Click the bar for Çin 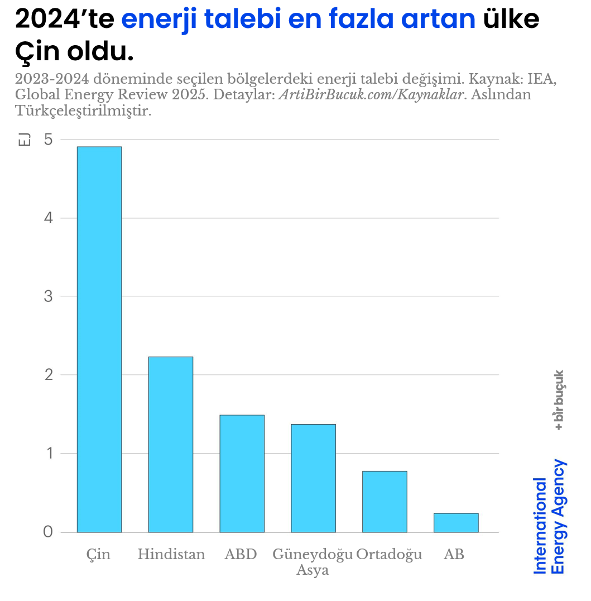point(99,339)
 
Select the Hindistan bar point(171,444)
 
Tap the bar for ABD point(242,473)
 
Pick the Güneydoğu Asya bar point(313,478)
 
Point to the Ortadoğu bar point(385,502)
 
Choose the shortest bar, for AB point(456,522)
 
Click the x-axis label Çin point(99,554)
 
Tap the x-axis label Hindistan point(171,554)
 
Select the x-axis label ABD point(241,554)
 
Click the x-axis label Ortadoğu point(389,554)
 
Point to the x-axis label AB point(454,554)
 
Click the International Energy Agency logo point(550,517)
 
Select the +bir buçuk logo point(558,400)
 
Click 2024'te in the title point(64,19)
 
